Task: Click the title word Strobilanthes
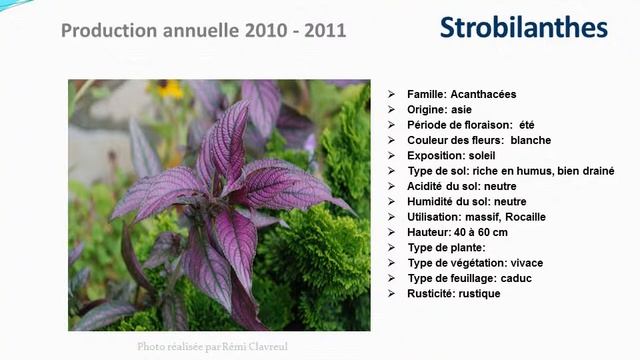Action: [x=523, y=28]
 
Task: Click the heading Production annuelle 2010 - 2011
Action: [x=203, y=30]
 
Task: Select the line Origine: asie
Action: [x=439, y=109]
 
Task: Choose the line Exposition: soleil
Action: [x=451, y=156]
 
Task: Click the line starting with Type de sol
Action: [x=510, y=171]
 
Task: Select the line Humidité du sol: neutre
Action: [x=467, y=201]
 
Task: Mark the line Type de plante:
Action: [x=446, y=247]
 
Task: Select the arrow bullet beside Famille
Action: [x=392, y=94]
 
